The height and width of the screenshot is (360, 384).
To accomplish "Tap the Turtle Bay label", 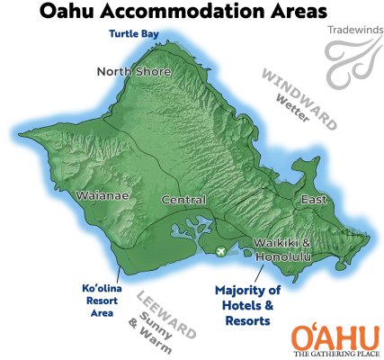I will (x=134, y=35).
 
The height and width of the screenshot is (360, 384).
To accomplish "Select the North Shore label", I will (x=135, y=72).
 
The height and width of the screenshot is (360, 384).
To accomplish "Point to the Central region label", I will (x=183, y=200).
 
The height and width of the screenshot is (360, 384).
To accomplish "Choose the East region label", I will (x=314, y=199).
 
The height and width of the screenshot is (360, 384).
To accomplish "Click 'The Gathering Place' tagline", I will (x=334, y=354).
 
